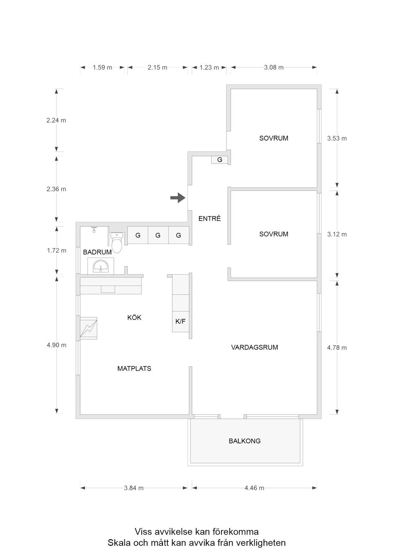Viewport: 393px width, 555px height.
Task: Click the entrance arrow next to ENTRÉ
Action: click(x=178, y=198)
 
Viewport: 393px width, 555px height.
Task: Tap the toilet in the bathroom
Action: click(x=117, y=243)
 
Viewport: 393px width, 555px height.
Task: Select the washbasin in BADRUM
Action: click(x=100, y=267)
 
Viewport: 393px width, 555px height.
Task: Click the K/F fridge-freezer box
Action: click(x=181, y=322)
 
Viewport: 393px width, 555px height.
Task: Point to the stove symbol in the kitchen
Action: click(x=89, y=328)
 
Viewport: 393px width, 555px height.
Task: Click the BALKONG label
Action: click(x=244, y=441)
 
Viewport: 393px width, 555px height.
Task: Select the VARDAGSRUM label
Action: click(x=254, y=347)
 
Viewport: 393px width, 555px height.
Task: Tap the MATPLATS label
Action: click(x=134, y=369)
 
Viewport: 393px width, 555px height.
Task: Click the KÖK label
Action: click(x=134, y=318)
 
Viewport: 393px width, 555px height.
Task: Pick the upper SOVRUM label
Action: click(x=273, y=138)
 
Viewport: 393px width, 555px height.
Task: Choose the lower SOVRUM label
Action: click(x=273, y=234)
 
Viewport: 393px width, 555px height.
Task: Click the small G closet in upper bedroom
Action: click(x=219, y=160)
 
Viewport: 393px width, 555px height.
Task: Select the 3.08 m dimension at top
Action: click(x=273, y=67)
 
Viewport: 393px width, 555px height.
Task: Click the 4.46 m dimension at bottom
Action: click(x=254, y=488)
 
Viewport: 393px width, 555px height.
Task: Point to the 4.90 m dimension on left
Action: click(x=56, y=345)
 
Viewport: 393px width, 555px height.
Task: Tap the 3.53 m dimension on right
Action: click(x=337, y=139)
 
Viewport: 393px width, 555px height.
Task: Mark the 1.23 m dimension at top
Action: click(x=209, y=67)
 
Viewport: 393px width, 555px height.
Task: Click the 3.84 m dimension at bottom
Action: click(x=134, y=488)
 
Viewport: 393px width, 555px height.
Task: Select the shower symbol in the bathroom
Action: click(x=94, y=229)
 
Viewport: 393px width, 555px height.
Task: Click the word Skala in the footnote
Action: click(x=118, y=543)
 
